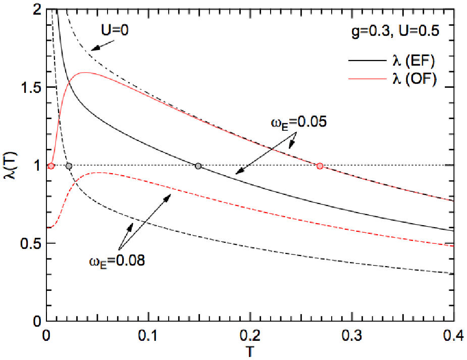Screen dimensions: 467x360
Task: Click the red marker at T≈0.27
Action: (x=320, y=166)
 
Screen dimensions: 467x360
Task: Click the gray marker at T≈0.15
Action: (x=198, y=166)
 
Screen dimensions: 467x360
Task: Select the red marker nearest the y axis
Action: (x=51, y=166)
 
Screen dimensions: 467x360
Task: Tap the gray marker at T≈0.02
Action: (x=69, y=166)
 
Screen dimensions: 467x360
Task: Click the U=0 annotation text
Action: (x=115, y=30)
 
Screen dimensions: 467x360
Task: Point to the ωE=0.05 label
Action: (x=299, y=122)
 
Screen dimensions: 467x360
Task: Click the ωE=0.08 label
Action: (x=117, y=261)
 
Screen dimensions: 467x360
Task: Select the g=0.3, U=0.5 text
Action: (x=395, y=31)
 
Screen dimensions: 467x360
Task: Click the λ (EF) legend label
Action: (x=413, y=61)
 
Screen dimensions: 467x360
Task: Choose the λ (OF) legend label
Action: (x=414, y=79)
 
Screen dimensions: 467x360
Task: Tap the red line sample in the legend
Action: (x=367, y=79)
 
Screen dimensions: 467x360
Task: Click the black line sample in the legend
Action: (x=367, y=61)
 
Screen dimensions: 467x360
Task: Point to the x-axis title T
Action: (x=250, y=351)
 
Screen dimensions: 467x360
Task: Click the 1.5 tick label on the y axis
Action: (x=31, y=87)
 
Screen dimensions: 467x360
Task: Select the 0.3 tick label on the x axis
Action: (x=352, y=335)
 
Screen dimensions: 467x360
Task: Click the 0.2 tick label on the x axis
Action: (x=250, y=335)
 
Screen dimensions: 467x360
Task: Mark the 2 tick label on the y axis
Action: (x=37, y=11)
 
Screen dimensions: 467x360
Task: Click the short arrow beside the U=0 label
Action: (x=102, y=45)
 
